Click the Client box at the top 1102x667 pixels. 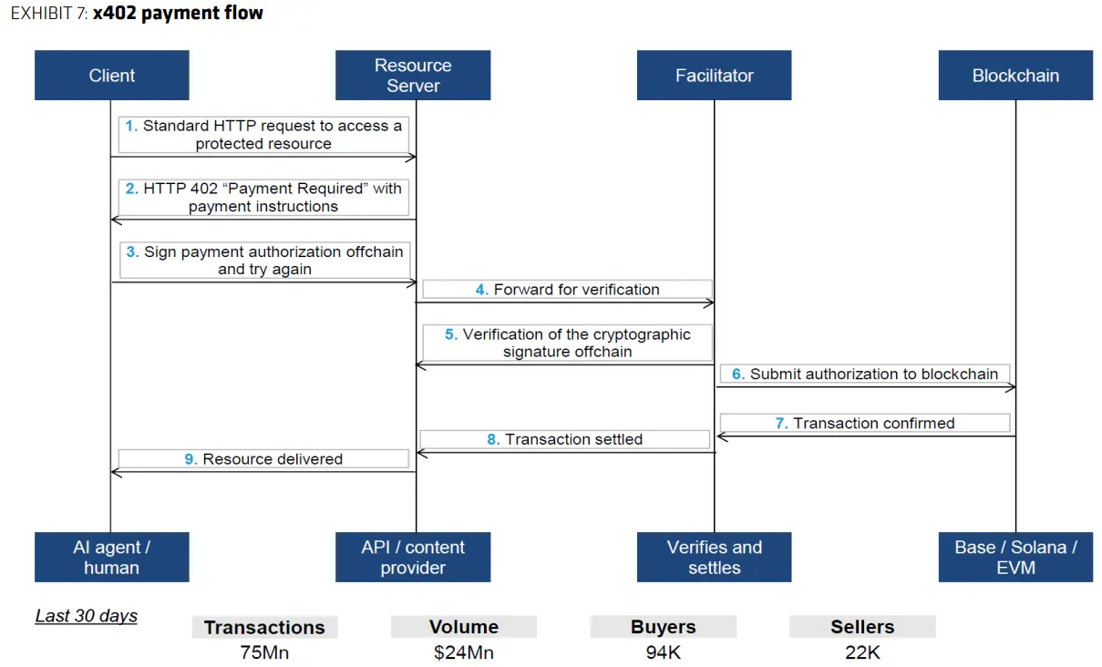[111, 76]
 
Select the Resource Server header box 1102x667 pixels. [413, 76]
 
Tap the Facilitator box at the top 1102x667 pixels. [714, 76]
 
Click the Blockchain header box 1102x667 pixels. [1015, 76]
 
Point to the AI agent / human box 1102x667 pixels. [111, 557]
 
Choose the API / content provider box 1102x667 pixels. [413, 557]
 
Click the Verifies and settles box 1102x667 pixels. [714, 557]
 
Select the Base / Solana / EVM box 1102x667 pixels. [1015, 557]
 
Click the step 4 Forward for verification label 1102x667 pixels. [567, 290]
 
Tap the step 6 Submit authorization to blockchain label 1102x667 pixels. [865, 374]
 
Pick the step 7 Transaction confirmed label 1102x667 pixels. [864, 423]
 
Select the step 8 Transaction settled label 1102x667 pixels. [564, 439]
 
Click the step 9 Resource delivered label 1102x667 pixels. [263, 459]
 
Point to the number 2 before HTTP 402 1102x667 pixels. [132, 189]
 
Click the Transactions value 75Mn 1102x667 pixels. [264, 652]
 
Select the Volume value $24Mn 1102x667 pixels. [464, 652]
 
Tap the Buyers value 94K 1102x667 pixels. [663, 652]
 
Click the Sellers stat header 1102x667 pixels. [862, 627]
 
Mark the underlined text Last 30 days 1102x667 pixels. [87, 616]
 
